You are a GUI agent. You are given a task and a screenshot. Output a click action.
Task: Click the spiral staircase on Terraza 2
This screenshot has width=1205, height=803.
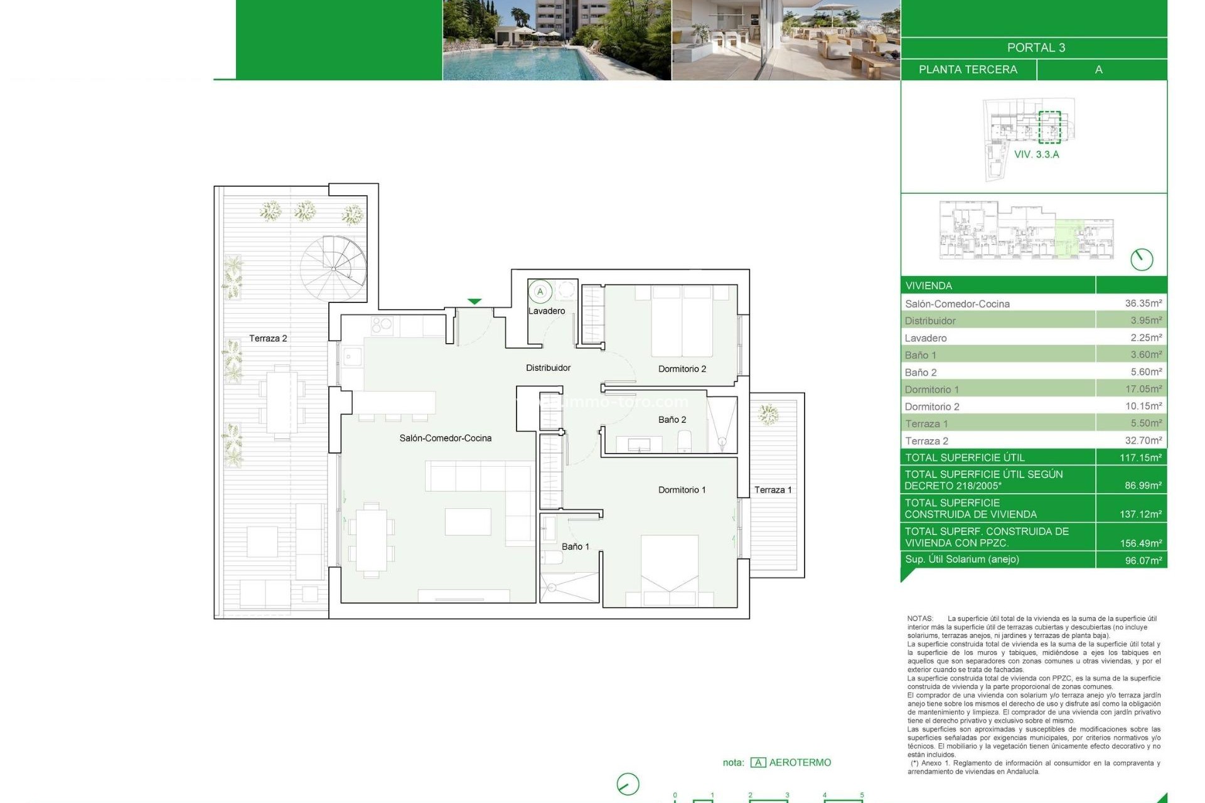click(333, 268)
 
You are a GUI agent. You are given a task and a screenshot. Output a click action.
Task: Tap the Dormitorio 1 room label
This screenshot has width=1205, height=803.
click(682, 490)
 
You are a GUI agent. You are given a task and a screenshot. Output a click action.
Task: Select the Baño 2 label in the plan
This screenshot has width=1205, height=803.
click(672, 420)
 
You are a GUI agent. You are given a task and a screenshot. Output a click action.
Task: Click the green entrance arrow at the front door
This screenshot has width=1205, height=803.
click(474, 302)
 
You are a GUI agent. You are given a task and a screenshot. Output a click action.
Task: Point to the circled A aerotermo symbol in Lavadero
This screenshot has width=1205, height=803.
click(540, 292)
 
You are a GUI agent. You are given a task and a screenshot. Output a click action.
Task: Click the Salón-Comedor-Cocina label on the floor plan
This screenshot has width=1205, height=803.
click(445, 439)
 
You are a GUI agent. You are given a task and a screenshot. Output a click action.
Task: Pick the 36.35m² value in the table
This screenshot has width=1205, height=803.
click(1143, 304)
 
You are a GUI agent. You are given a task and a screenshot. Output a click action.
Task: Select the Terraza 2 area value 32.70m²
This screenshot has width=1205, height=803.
click(1143, 440)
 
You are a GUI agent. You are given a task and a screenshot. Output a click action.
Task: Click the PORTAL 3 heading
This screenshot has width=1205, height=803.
click(1036, 48)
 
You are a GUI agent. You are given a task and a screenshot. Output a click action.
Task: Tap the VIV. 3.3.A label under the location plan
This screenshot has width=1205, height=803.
click(1036, 154)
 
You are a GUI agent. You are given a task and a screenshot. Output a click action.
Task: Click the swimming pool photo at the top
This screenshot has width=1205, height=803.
click(556, 40)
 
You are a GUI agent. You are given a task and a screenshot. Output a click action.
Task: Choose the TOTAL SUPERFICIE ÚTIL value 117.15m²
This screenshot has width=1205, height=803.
click(1140, 457)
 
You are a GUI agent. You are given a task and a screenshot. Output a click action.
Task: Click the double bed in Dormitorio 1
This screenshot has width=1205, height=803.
click(669, 568)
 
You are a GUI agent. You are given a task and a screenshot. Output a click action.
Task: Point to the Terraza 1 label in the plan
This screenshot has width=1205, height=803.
click(773, 490)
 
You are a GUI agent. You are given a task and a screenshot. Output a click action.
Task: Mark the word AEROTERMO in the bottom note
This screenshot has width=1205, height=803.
click(800, 762)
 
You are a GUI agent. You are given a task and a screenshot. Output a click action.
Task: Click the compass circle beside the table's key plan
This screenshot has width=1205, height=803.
click(1141, 259)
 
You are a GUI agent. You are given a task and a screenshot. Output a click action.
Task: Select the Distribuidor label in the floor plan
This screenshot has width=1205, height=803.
click(548, 368)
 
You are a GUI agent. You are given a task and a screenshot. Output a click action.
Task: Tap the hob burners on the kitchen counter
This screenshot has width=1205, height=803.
click(382, 325)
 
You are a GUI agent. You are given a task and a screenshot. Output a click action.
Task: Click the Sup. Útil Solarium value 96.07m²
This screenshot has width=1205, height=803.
click(1143, 560)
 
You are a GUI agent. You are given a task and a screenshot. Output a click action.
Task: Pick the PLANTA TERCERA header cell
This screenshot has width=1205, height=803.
click(967, 70)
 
